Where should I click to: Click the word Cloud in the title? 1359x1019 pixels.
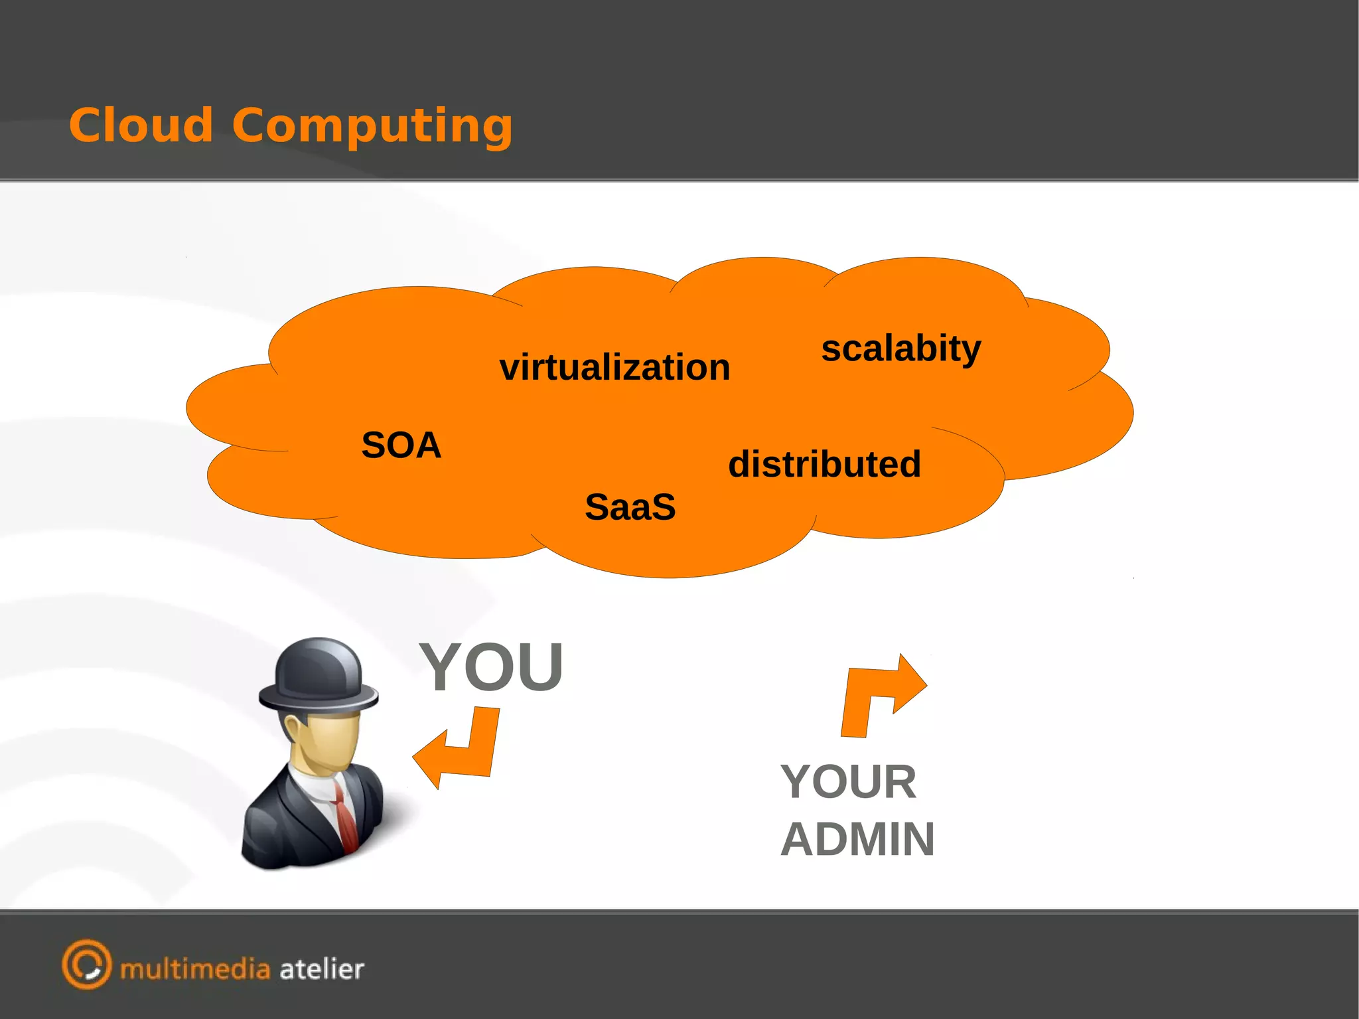(141, 125)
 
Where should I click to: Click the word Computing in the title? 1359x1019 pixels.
(372, 127)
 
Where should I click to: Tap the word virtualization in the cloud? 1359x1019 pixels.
(614, 368)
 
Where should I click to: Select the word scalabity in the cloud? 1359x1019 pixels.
(900, 349)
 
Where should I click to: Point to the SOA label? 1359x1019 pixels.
(401, 445)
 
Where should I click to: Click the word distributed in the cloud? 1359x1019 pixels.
(824, 464)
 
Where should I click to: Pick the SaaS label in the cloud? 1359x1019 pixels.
(630, 507)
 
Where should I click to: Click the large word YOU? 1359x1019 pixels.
(491, 666)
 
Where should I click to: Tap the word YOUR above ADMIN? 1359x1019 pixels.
(848, 782)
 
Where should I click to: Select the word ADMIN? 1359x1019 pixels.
(857, 840)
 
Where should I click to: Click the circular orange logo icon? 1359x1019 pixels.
(87, 964)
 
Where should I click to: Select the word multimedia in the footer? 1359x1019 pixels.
(195, 969)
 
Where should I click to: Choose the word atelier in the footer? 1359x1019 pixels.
(322, 969)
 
